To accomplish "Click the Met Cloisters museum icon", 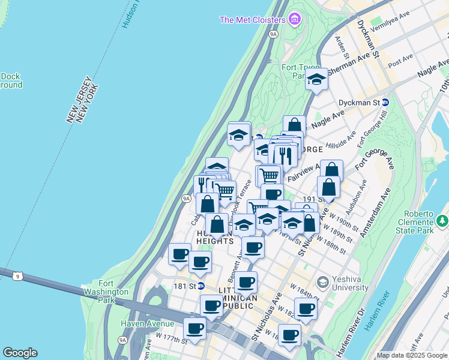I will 294,20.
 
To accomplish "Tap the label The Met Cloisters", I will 252,20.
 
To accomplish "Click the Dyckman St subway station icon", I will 385,103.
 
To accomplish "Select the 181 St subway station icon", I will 201,286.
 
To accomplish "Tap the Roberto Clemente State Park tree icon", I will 442,221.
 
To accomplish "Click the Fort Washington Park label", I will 114,288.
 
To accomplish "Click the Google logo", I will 20,353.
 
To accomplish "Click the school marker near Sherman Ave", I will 316,79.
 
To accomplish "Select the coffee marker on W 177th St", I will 194,329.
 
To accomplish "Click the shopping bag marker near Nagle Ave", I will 294,126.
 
